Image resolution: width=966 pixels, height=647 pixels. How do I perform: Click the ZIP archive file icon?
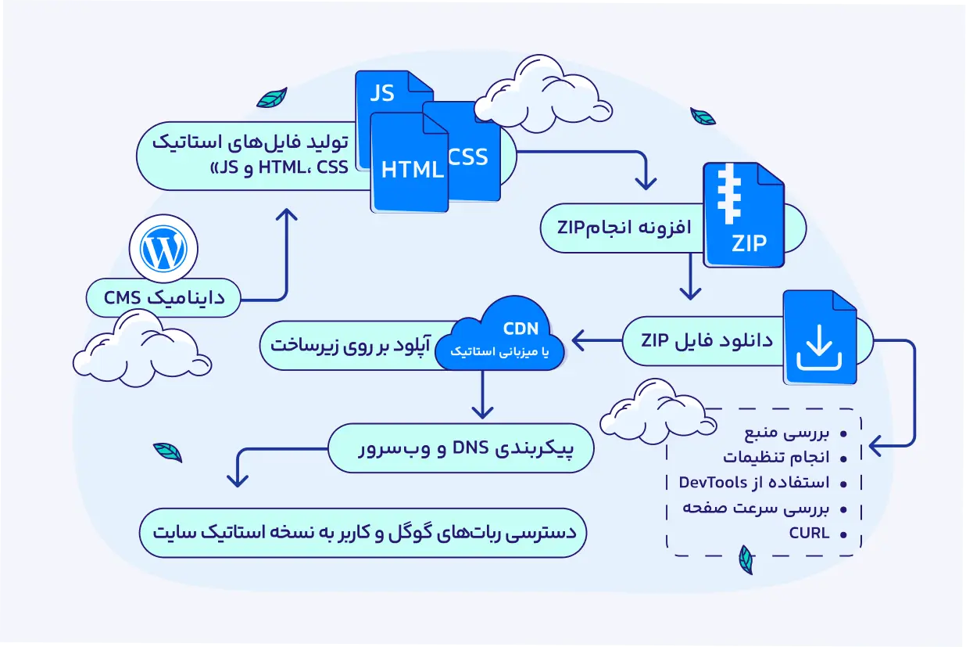743,215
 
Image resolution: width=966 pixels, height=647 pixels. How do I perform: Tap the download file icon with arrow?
819,338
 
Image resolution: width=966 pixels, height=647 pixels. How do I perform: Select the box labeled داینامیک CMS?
164,298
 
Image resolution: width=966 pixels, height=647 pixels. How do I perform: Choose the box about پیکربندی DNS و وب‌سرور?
461,448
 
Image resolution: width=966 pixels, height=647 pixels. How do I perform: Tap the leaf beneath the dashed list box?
746,559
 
